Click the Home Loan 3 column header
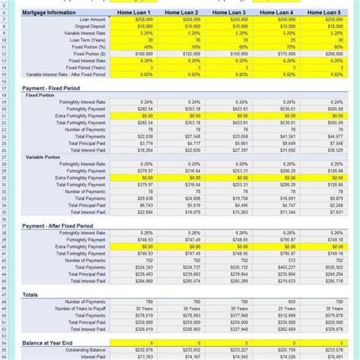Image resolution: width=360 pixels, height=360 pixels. coord(228,13)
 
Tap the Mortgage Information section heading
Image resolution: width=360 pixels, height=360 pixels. coord(50,13)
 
